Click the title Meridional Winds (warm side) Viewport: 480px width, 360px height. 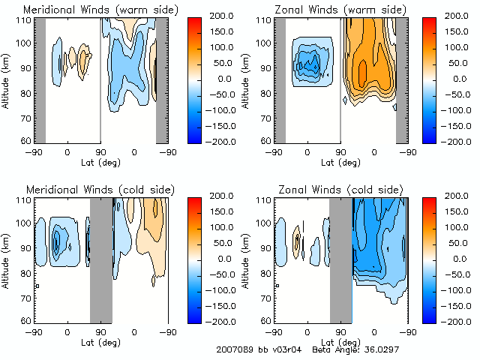tap(100, 10)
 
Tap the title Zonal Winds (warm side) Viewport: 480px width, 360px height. tap(340, 10)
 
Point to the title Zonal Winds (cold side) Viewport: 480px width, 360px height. tap(339, 188)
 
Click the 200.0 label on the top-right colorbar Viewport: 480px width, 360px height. tap(457, 15)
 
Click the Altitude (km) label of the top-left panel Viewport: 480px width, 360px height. tap(6, 79)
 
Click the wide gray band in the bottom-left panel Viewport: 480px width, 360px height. tap(100, 259)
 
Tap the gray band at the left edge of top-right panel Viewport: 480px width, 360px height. tap(280, 79)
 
